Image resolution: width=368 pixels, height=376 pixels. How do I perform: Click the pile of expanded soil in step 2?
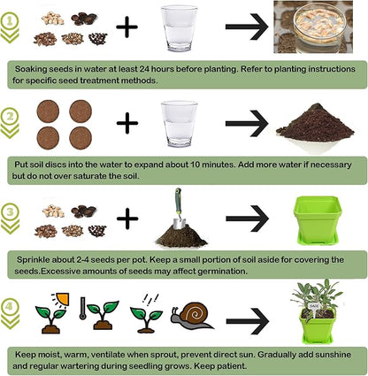pos(316,125)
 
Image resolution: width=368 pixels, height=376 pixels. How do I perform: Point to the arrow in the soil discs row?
pos(247,123)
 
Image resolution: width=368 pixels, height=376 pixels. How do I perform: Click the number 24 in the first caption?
pos(154,67)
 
